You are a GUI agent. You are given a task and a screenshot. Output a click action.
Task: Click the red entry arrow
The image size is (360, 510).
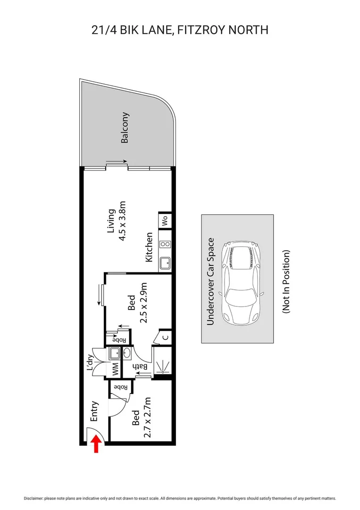96,444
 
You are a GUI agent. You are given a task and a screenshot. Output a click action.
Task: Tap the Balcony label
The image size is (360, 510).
125,128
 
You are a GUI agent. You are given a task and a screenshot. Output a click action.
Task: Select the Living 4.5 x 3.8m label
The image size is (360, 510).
117,225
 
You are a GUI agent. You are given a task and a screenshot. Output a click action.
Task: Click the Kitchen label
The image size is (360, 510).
149,247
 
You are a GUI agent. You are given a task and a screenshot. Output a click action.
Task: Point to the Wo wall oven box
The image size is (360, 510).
165,221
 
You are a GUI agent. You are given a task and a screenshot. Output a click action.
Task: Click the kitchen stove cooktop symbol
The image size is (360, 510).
165,244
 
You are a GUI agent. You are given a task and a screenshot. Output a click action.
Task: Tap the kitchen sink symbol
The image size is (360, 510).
165,263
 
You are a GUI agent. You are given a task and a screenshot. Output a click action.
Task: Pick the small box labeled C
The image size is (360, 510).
165,337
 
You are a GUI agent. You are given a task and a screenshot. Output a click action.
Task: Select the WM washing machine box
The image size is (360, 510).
114,369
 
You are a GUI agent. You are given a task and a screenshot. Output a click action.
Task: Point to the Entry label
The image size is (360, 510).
93,411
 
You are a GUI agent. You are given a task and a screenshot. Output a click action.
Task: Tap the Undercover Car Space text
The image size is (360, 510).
211,281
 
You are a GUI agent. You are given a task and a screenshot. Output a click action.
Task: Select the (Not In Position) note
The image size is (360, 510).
286,281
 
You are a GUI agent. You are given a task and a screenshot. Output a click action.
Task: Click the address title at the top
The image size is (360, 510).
180,30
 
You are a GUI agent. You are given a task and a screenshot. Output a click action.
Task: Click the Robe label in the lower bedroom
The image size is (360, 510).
120,387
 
